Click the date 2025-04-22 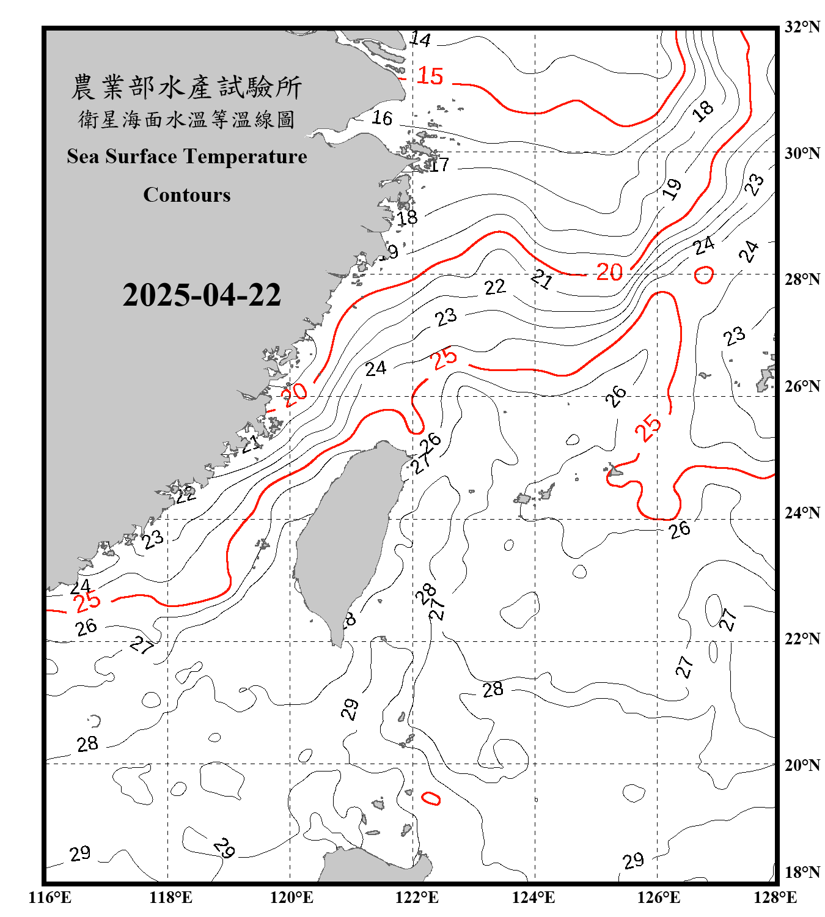[x=202, y=295]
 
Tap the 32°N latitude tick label [x=802, y=27]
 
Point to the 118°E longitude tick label [x=170, y=897]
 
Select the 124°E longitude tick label [x=533, y=897]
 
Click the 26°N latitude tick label [x=802, y=386]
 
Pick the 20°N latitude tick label [x=802, y=765]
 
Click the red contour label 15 [x=430, y=76]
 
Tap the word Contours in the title [x=187, y=195]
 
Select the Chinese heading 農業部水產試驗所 [x=186, y=87]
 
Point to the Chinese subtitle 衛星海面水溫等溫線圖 [x=186, y=119]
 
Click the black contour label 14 [x=420, y=40]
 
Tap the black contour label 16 [x=383, y=117]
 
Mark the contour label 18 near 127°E [x=703, y=111]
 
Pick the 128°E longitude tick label [x=775, y=897]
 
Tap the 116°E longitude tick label [x=50, y=897]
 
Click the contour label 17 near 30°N [x=439, y=164]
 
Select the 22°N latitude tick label [x=802, y=639]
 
